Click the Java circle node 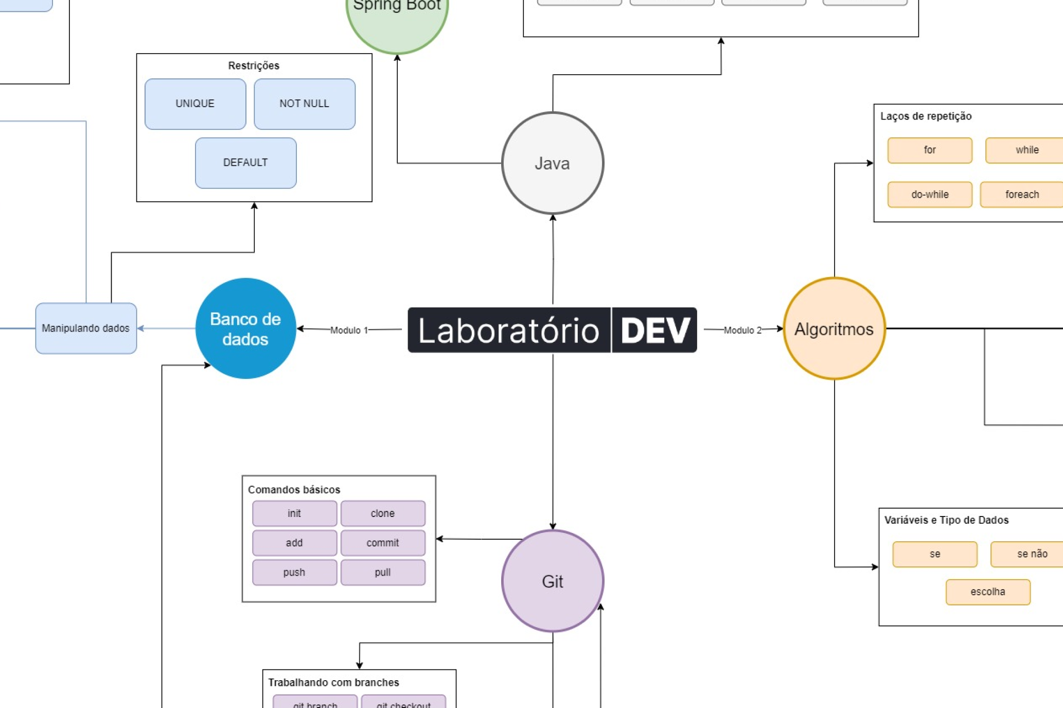552,163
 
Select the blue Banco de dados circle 245,329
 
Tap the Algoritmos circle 834,329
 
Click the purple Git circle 552,581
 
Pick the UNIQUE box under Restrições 195,103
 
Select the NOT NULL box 304,103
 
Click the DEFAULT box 245,163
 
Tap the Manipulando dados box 85,328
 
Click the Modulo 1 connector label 349,330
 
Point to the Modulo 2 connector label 742,330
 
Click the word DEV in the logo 654,330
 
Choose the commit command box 382,543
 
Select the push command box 294,572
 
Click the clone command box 382,513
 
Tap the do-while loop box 929,195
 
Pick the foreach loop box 1021,195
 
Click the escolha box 987,592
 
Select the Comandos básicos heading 294,490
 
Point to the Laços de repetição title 925,116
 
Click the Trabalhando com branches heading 333,682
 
